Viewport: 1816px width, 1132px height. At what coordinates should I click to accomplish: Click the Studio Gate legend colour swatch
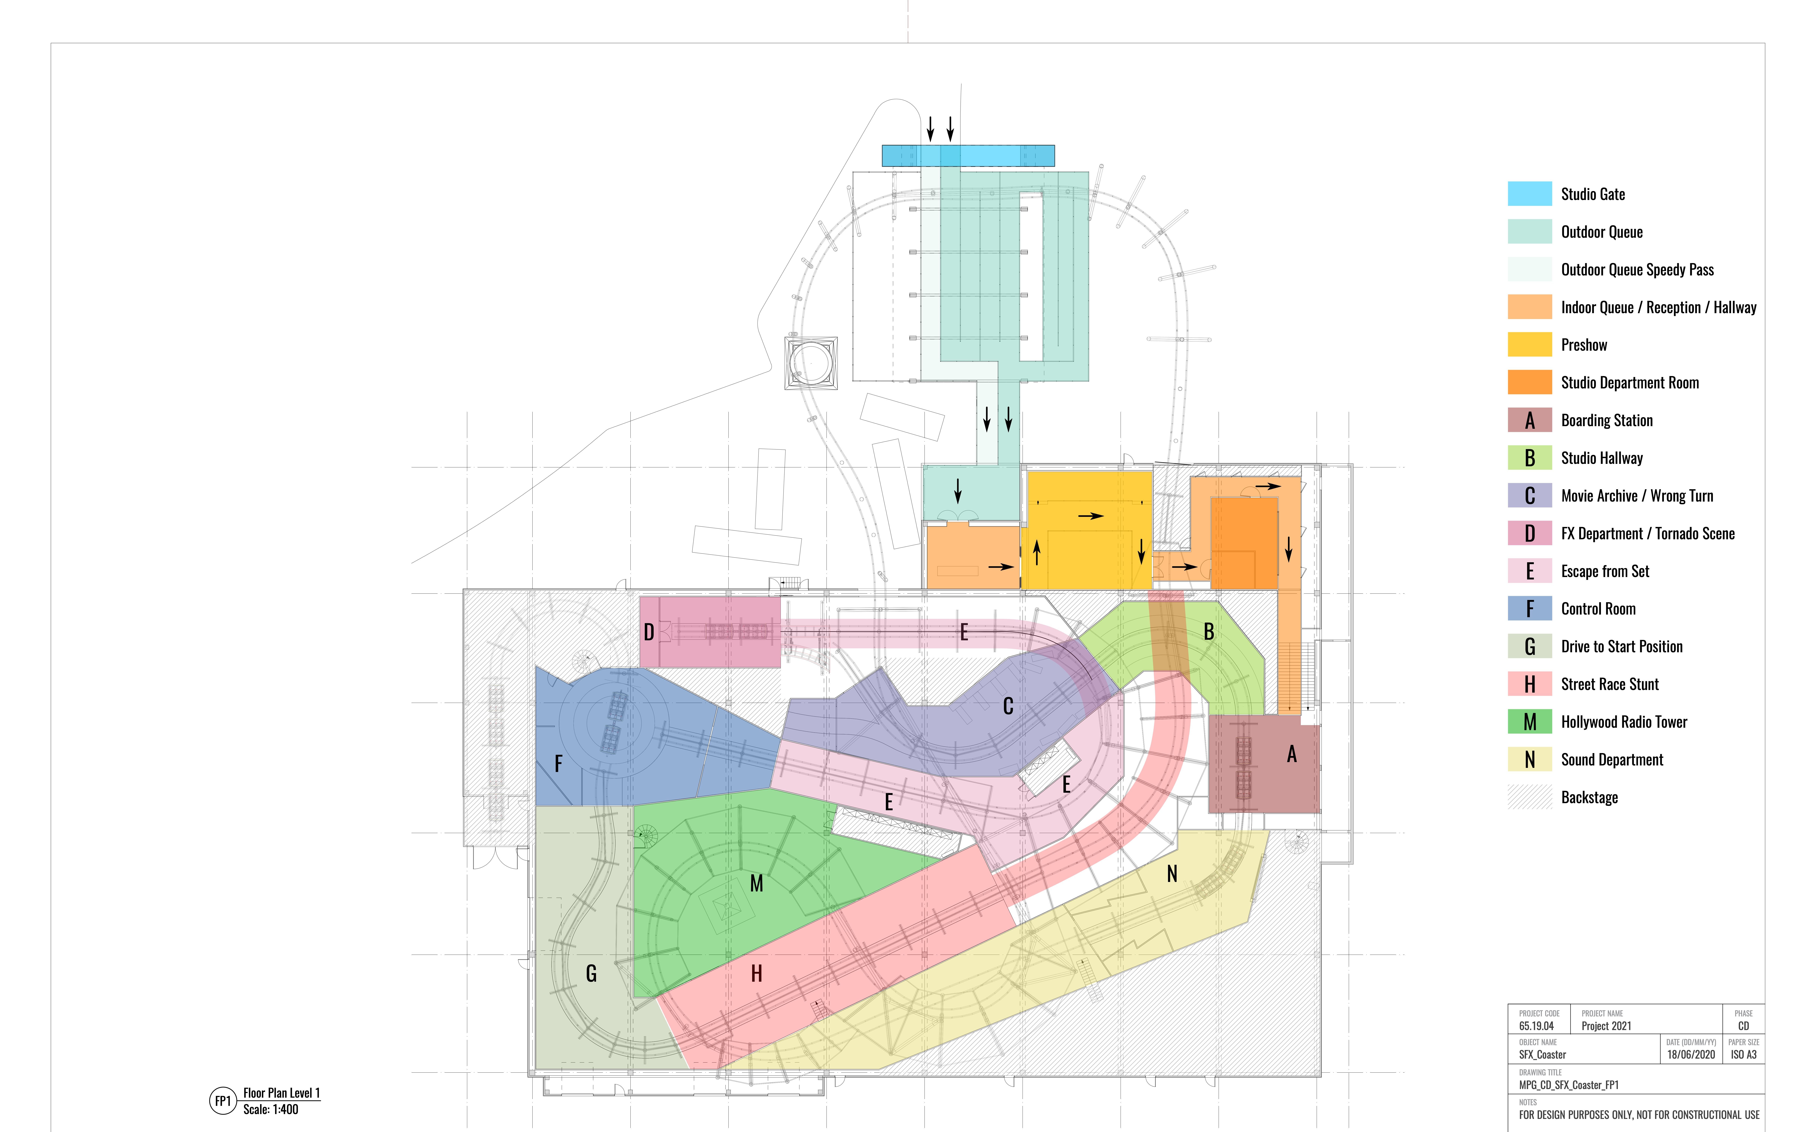point(1529,194)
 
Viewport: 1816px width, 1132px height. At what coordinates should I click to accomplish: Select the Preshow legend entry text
point(1584,345)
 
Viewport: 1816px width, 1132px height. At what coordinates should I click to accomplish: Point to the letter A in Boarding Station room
point(1291,755)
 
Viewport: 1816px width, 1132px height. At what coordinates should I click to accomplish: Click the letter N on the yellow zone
point(1172,874)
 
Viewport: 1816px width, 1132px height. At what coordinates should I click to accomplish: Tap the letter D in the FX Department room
point(649,633)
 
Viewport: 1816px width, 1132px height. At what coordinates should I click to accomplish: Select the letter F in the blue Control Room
point(558,764)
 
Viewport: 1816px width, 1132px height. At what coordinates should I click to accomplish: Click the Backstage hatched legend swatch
point(1529,797)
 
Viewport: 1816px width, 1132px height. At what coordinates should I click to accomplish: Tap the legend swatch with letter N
point(1529,760)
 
